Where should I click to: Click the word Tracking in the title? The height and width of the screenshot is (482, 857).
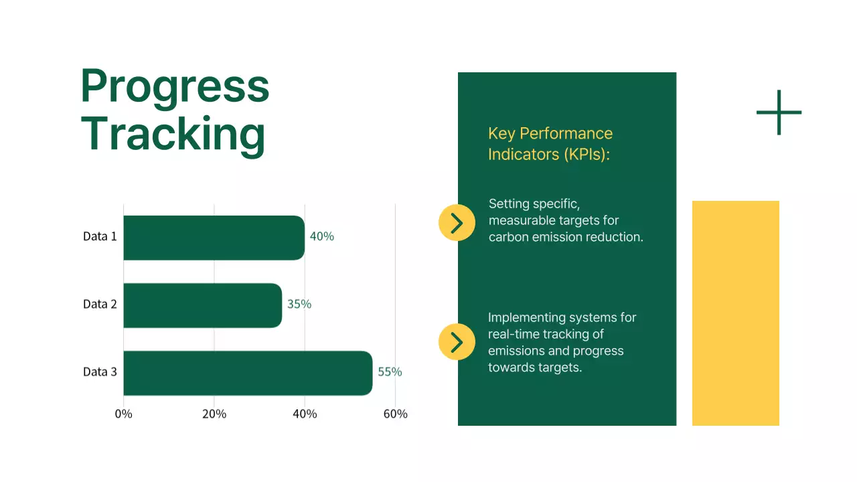[173, 135]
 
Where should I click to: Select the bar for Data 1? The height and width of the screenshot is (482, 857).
[214, 238]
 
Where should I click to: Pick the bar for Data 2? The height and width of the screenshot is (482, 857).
[202, 305]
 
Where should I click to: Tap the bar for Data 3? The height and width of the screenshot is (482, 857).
[248, 373]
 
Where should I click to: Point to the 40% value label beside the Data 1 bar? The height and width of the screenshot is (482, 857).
[321, 236]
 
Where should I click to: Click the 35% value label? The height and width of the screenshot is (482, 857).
[299, 304]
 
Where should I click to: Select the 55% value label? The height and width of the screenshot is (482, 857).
[390, 372]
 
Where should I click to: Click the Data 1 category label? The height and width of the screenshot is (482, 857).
[100, 236]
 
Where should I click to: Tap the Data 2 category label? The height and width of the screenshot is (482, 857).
[100, 304]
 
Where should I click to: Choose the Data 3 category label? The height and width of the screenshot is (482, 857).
[100, 372]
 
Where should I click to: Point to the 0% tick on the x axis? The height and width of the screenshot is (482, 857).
[124, 414]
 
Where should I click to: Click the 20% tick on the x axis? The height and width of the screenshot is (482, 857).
[214, 414]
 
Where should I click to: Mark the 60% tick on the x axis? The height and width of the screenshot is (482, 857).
[395, 414]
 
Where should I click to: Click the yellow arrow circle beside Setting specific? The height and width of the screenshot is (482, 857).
[457, 223]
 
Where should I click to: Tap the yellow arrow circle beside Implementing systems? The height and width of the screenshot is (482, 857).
[457, 342]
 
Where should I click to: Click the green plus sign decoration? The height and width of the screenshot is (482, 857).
[779, 112]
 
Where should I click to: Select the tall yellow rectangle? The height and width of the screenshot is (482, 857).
[735, 313]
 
